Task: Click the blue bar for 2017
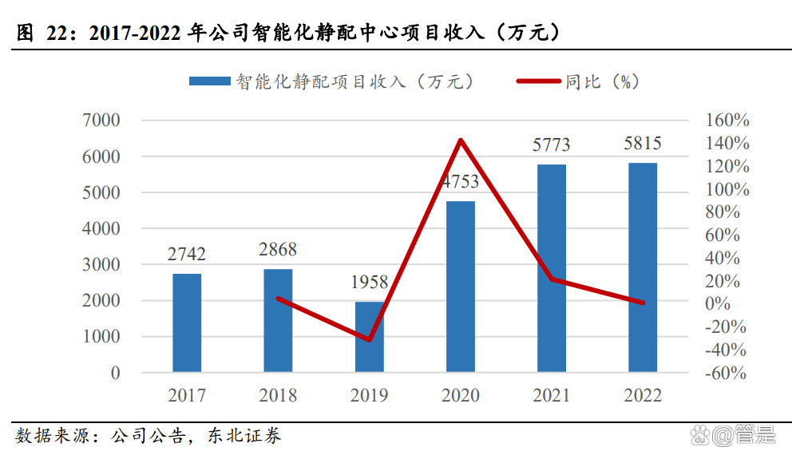[x=187, y=323]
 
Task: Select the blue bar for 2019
[x=369, y=336]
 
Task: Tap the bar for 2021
[x=551, y=268]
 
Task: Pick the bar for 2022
[x=643, y=267]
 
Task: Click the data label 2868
[x=278, y=249]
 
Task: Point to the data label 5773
[x=551, y=144]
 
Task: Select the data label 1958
[x=369, y=282]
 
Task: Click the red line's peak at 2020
[x=461, y=140]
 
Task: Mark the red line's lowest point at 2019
[x=369, y=339]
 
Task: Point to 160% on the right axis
[x=727, y=121]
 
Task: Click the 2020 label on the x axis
[x=461, y=395]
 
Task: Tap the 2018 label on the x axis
[x=278, y=395]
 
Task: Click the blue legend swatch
[x=209, y=81]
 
